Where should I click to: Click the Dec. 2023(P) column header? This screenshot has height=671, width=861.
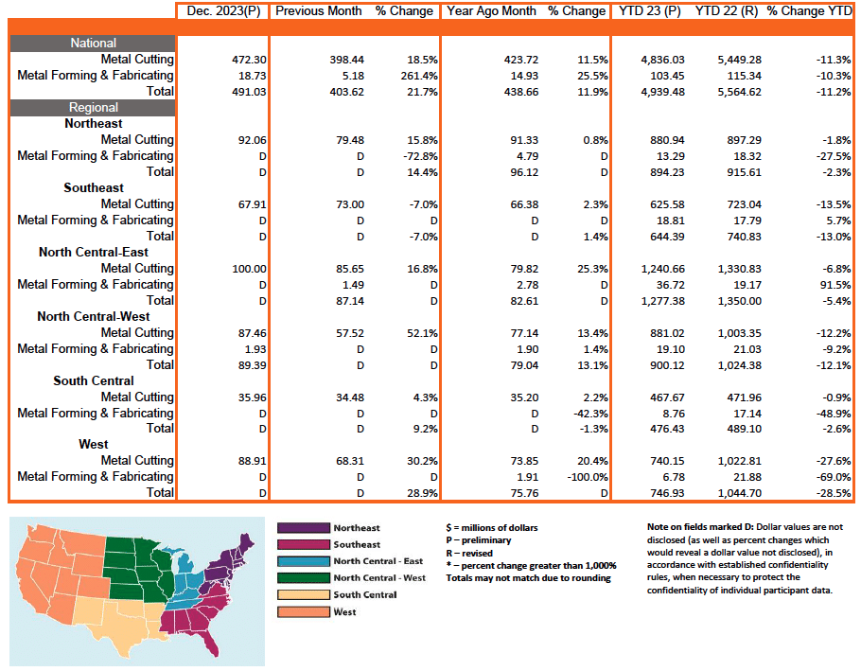[x=222, y=11]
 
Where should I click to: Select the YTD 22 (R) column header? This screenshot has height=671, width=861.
[x=728, y=11]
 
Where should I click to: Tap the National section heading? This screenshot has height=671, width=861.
[x=94, y=43]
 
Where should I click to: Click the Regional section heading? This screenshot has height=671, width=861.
[x=94, y=108]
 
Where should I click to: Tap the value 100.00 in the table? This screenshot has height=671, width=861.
[x=236, y=268]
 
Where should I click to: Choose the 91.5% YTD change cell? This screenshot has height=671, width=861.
[x=832, y=284]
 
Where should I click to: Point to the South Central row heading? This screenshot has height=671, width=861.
[x=94, y=380]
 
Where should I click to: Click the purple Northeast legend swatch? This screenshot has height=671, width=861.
[x=302, y=528]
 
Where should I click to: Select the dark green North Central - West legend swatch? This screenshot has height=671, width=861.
[x=302, y=577]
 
